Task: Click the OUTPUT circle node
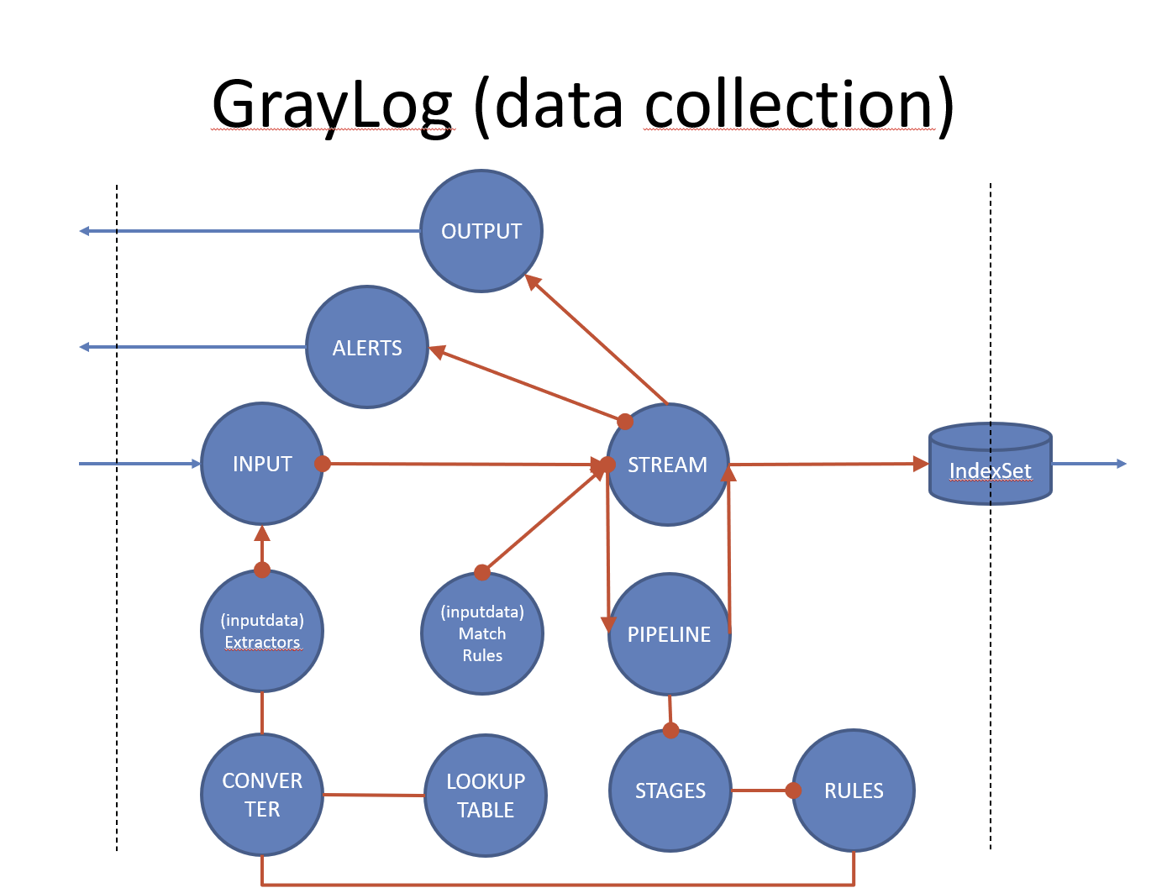pyautogui.click(x=481, y=231)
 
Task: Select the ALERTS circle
pyautogui.click(x=367, y=347)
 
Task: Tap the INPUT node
pyautogui.click(x=262, y=464)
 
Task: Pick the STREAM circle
pyautogui.click(x=668, y=465)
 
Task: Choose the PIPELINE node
pyautogui.click(x=670, y=634)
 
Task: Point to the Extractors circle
pyautogui.click(x=262, y=631)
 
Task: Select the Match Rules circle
pyautogui.click(x=482, y=633)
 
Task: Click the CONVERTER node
pyautogui.click(x=262, y=795)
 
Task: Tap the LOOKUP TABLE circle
pyautogui.click(x=486, y=796)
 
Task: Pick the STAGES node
pyautogui.click(x=670, y=791)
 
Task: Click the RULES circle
pyautogui.click(x=854, y=791)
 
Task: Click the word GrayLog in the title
pyautogui.click(x=332, y=105)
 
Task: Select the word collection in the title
pyautogui.click(x=790, y=105)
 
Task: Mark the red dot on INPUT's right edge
pyautogui.click(x=323, y=463)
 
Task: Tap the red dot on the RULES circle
pyautogui.click(x=793, y=791)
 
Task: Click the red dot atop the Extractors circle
pyautogui.click(x=262, y=570)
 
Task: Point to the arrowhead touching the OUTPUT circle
pyautogui.click(x=532, y=281)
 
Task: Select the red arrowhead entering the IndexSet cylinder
pyautogui.click(x=921, y=464)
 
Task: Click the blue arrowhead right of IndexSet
pyautogui.click(x=1122, y=464)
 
